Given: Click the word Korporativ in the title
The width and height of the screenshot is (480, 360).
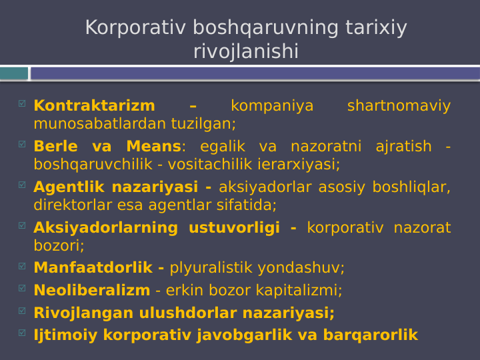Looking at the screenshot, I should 135,28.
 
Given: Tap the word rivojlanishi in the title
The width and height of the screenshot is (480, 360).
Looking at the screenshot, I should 245,51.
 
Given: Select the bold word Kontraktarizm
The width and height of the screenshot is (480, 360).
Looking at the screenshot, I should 94,106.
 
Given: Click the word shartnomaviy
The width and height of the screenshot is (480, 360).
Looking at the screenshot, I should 399,106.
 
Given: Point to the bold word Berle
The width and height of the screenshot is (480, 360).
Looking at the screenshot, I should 55,147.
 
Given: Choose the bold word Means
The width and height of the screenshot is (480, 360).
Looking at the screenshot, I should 153,147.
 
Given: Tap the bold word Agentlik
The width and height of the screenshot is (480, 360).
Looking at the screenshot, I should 70,187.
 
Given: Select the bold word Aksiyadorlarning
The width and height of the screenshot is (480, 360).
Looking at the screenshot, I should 105,228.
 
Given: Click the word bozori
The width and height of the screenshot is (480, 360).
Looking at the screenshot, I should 58,245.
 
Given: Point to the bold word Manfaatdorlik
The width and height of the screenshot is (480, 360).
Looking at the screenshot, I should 93,268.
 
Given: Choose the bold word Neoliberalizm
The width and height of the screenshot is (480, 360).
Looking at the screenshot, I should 91,291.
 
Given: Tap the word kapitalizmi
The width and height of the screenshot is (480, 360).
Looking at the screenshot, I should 303,291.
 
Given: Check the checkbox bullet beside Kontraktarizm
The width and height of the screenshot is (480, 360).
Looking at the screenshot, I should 22,104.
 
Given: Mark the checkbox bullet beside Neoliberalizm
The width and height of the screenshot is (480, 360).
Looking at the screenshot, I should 22,289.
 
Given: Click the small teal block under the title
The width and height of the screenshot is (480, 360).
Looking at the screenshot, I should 14,73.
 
